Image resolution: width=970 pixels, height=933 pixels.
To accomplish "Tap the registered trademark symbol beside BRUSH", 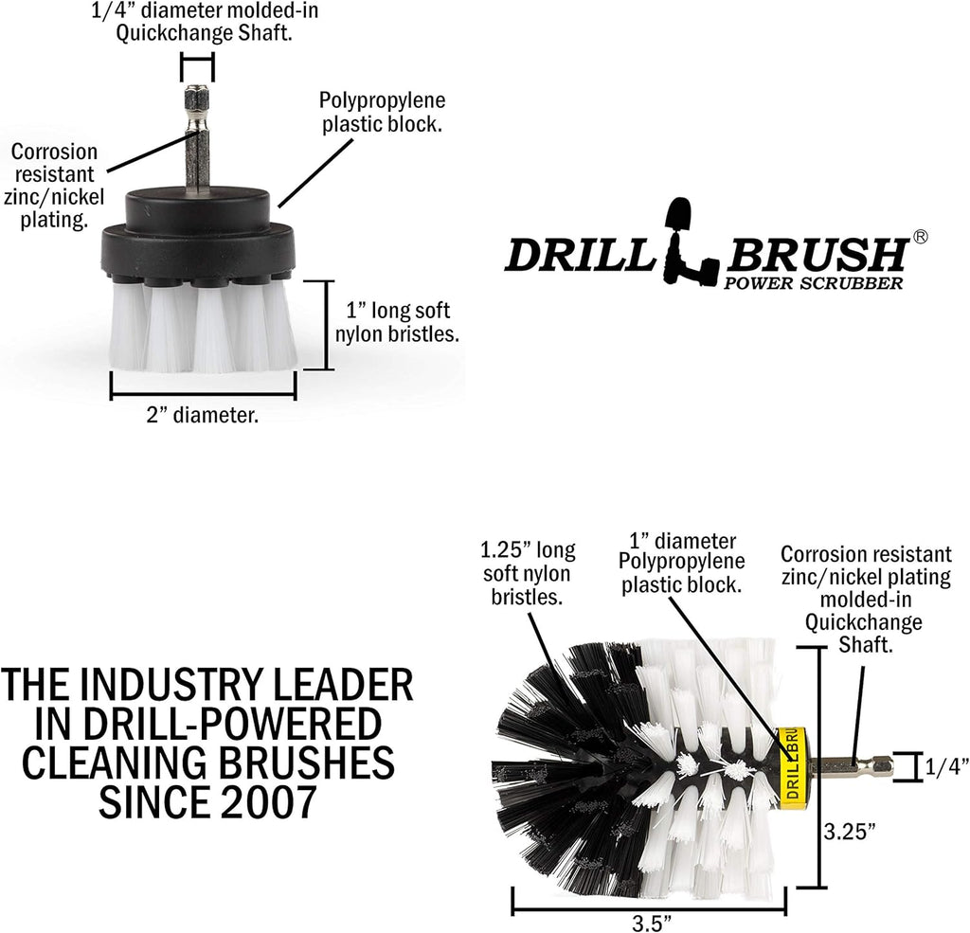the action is coord(920,237).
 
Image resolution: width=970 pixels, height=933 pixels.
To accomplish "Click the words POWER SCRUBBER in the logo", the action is coord(814,283).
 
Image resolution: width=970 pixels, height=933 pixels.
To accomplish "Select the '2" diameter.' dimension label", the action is coord(203,415).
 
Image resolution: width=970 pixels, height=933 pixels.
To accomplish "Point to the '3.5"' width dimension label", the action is coord(652,924).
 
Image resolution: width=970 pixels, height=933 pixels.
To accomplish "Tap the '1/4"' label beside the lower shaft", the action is coord(947,767).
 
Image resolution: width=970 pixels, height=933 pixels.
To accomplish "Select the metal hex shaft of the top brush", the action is coord(197,137).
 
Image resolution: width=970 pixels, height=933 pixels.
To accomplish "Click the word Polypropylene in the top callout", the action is coord(383,100).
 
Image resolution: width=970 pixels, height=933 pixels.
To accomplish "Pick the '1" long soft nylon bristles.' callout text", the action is coord(397,322).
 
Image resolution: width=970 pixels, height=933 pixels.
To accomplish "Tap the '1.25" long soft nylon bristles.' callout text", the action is coord(528,574).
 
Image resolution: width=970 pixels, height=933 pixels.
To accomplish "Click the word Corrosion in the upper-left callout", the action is coord(54,152).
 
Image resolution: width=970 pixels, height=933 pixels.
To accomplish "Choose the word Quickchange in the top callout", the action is coord(168,33).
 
